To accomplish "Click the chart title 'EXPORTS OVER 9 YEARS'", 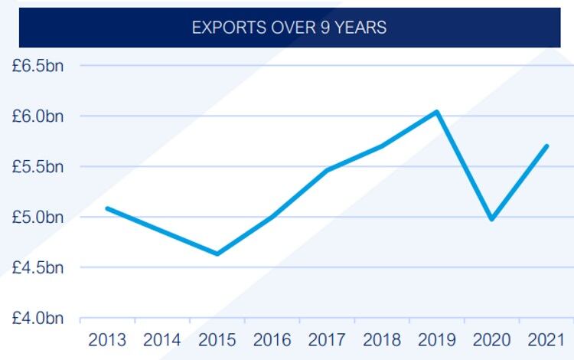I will point(289,28).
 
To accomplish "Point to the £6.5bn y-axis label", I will point(37,66).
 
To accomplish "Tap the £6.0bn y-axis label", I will point(37,116).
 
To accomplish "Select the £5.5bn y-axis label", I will point(37,167).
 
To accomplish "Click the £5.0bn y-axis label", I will point(37,218).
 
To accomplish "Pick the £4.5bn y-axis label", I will point(37,268).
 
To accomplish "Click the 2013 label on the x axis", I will point(107,339).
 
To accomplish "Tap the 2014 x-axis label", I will point(162,339).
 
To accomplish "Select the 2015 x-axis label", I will point(217,339).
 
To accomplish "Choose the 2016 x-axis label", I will point(272,339).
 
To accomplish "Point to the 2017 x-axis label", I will point(328,339).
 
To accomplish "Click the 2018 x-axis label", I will point(382,339).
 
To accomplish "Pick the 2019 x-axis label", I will point(437,339).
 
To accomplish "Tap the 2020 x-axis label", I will point(492,339).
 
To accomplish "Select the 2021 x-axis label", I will point(546,339).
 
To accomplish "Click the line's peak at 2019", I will point(436,112).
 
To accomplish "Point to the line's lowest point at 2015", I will point(217,254).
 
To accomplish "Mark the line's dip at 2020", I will point(491,219).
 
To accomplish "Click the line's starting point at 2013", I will point(107,208).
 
